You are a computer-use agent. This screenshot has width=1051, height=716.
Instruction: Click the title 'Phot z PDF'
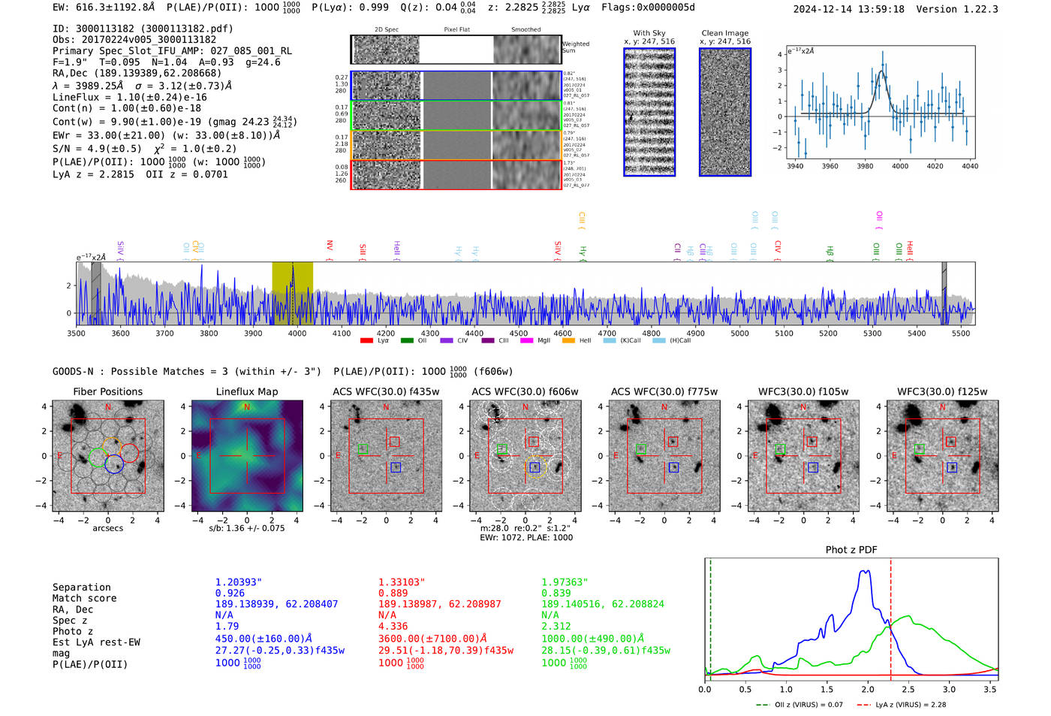[851, 550]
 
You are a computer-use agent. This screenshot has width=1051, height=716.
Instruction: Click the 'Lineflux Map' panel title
[246, 391]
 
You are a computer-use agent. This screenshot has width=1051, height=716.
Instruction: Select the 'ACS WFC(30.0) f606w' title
[525, 391]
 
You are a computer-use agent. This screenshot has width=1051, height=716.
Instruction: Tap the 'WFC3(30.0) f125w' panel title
[942, 391]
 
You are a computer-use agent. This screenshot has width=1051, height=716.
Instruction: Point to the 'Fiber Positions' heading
[107, 391]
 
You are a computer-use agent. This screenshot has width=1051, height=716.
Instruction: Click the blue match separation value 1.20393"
[239, 582]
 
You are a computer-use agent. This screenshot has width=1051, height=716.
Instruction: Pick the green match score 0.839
[556, 593]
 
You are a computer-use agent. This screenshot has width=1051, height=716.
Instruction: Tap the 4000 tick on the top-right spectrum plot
[899, 166]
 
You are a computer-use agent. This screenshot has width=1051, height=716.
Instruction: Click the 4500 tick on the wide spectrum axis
[518, 334]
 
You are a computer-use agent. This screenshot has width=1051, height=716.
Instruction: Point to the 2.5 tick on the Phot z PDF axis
[908, 689]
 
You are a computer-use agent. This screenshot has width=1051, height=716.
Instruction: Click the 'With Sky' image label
[649, 33]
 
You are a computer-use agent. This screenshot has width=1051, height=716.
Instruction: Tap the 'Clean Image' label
[724, 33]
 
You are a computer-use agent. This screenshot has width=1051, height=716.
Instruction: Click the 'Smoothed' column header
[525, 30]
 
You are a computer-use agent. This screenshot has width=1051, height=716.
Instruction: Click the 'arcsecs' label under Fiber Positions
[107, 528]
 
